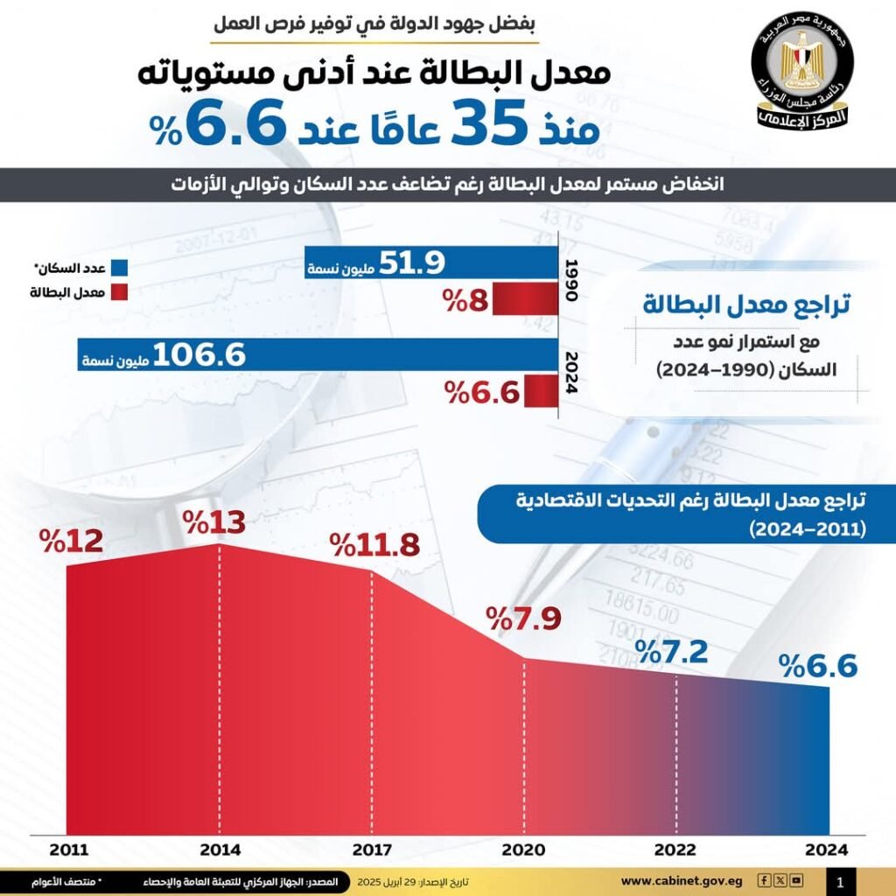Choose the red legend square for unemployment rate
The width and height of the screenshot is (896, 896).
(x=119, y=292)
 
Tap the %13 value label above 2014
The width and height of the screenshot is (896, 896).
(x=215, y=525)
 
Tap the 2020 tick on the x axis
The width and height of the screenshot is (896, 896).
(x=523, y=849)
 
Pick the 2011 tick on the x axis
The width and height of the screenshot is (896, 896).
(x=67, y=849)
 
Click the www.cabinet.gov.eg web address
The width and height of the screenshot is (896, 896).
(x=682, y=881)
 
